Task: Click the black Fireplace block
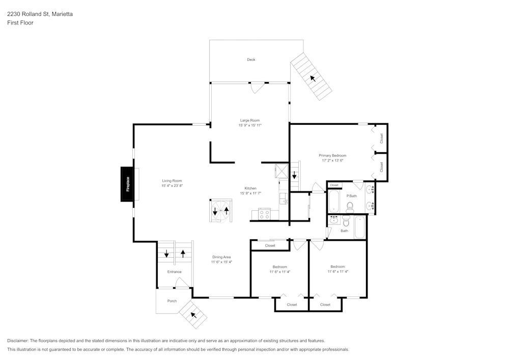pos(127,184)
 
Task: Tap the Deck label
pos(251,60)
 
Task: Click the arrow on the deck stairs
pos(312,78)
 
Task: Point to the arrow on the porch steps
pos(193,315)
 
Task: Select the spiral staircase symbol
pos(220,211)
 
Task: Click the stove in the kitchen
pos(264,214)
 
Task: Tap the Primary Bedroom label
pos(332,155)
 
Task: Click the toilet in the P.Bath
pos(350,206)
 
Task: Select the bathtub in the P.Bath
pos(334,202)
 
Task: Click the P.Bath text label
pos(351,196)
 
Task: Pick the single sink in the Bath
pos(334,220)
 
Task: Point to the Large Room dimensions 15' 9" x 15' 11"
pos(250,125)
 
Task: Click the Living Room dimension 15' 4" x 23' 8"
pos(172,186)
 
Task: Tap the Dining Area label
pos(221,257)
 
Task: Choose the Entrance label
pos(174,272)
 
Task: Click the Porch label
pos(172,301)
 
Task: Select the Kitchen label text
pos(250,188)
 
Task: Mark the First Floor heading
pos(20,23)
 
